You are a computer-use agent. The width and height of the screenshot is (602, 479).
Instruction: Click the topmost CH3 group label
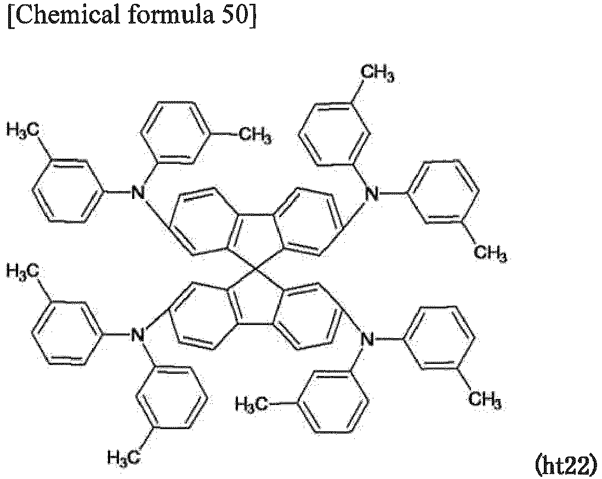click(x=378, y=73)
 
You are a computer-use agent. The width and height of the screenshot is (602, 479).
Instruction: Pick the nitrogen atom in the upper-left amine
click(x=138, y=192)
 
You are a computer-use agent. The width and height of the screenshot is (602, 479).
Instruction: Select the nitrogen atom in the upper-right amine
click(x=371, y=194)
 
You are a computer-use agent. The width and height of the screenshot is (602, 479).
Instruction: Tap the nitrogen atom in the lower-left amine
click(x=138, y=335)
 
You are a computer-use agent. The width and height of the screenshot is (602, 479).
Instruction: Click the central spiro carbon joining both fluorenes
click(x=255, y=271)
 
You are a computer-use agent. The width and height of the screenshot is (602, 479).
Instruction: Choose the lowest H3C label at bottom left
click(x=123, y=458)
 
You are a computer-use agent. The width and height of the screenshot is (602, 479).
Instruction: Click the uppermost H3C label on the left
click(x=23, y=130)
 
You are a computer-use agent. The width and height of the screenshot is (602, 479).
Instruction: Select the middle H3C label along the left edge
click(x=23, y=272)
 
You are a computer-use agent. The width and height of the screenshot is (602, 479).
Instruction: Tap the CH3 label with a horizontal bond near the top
click(x=255, y=135)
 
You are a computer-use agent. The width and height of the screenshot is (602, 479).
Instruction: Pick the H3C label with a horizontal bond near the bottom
click(x=252, y=404)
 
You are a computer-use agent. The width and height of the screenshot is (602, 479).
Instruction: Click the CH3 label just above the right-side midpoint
click(x=490, y=253)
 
